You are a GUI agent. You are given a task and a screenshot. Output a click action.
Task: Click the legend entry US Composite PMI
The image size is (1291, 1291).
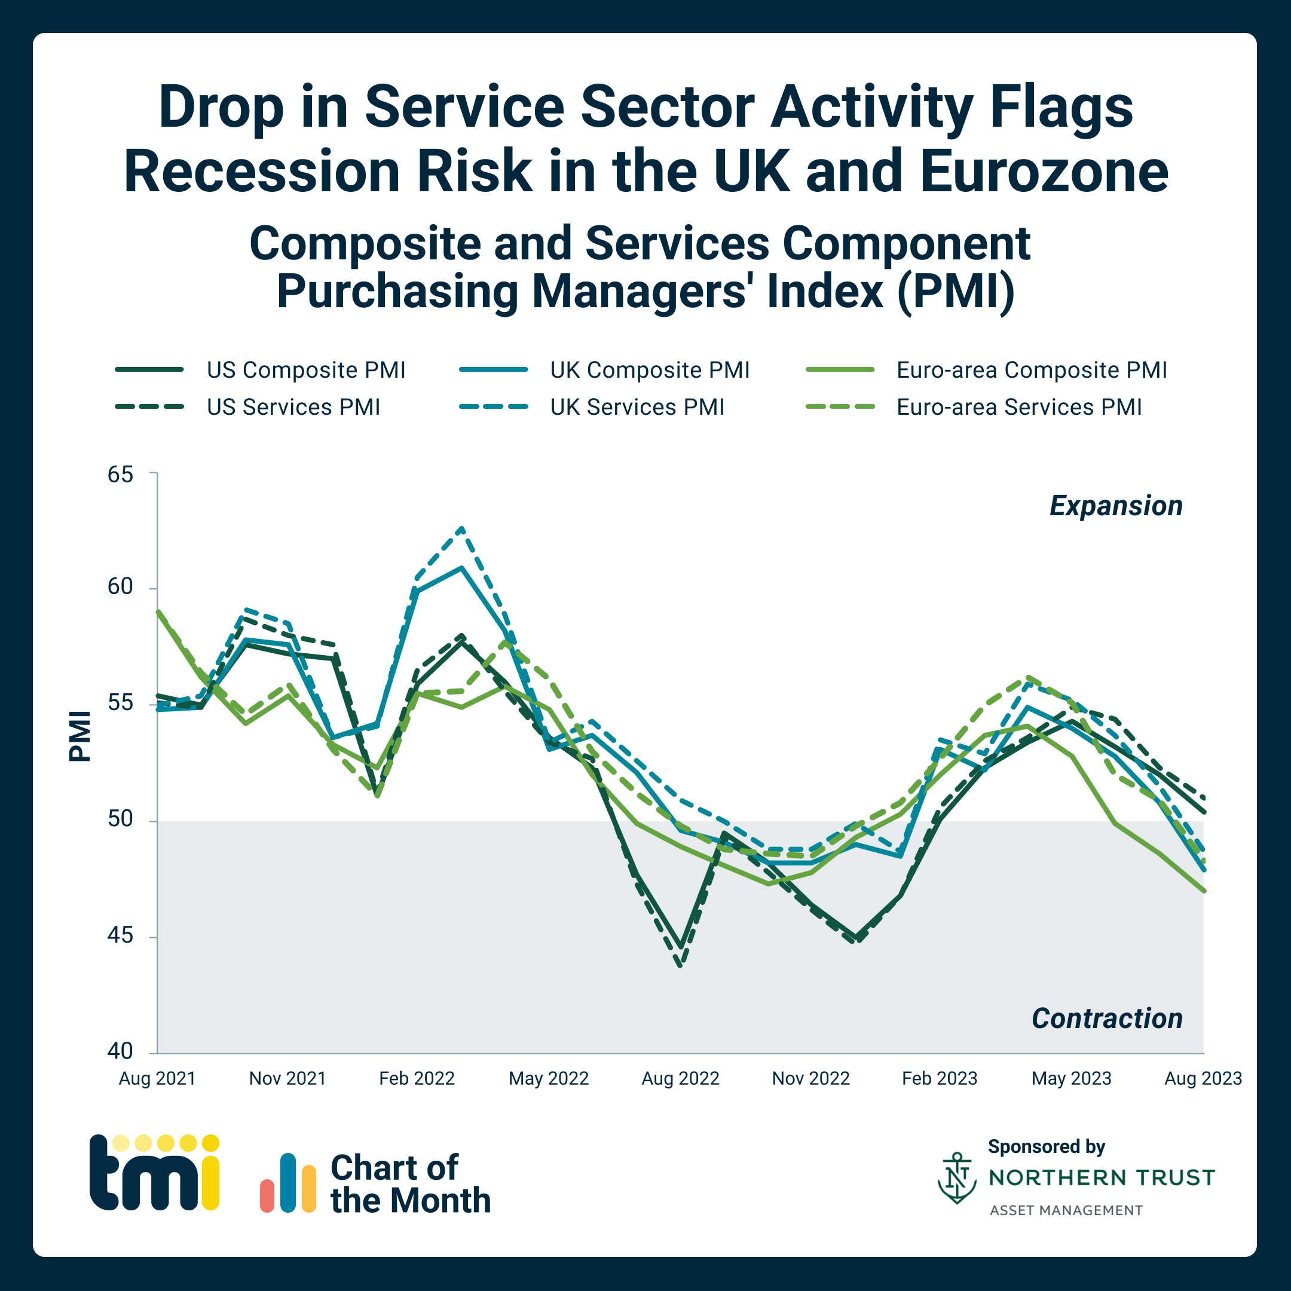tap(305, 369)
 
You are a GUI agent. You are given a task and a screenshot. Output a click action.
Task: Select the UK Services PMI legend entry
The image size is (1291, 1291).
tap(636, 407)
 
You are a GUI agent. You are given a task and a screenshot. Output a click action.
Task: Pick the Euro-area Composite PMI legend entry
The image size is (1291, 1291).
tap(1031, 369)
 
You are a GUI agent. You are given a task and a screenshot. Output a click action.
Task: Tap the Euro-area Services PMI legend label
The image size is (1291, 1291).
tap(1018, 407)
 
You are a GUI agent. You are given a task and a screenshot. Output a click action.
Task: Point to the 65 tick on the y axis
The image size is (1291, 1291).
tap(121, 475)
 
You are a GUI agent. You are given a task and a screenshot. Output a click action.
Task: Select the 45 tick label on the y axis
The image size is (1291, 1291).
tap(121, 935)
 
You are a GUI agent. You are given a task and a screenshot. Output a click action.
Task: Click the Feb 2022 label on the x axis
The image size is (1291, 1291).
tap(417, 1078)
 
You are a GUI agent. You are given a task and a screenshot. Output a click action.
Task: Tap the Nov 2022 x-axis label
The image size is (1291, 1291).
tap(810, 1078)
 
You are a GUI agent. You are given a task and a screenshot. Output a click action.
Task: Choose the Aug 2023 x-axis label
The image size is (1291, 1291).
tap(1203, 1078)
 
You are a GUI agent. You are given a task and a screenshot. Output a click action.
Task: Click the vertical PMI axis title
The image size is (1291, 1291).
tap(80, 736)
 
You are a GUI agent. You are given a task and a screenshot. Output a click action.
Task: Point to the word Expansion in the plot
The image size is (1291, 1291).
tap(1116, 506)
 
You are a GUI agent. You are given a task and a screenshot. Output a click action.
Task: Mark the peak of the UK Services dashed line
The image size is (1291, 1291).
tap(461, 528)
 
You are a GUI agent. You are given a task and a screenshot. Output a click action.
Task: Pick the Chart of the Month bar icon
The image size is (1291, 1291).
tap(288, 1183)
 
